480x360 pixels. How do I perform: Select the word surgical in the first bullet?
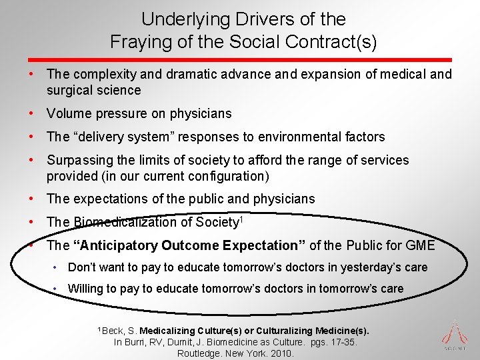(70, 90)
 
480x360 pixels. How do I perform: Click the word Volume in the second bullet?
(69, 113)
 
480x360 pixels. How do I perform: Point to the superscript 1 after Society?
(241, 219)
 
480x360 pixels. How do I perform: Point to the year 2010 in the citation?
(281, 353)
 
